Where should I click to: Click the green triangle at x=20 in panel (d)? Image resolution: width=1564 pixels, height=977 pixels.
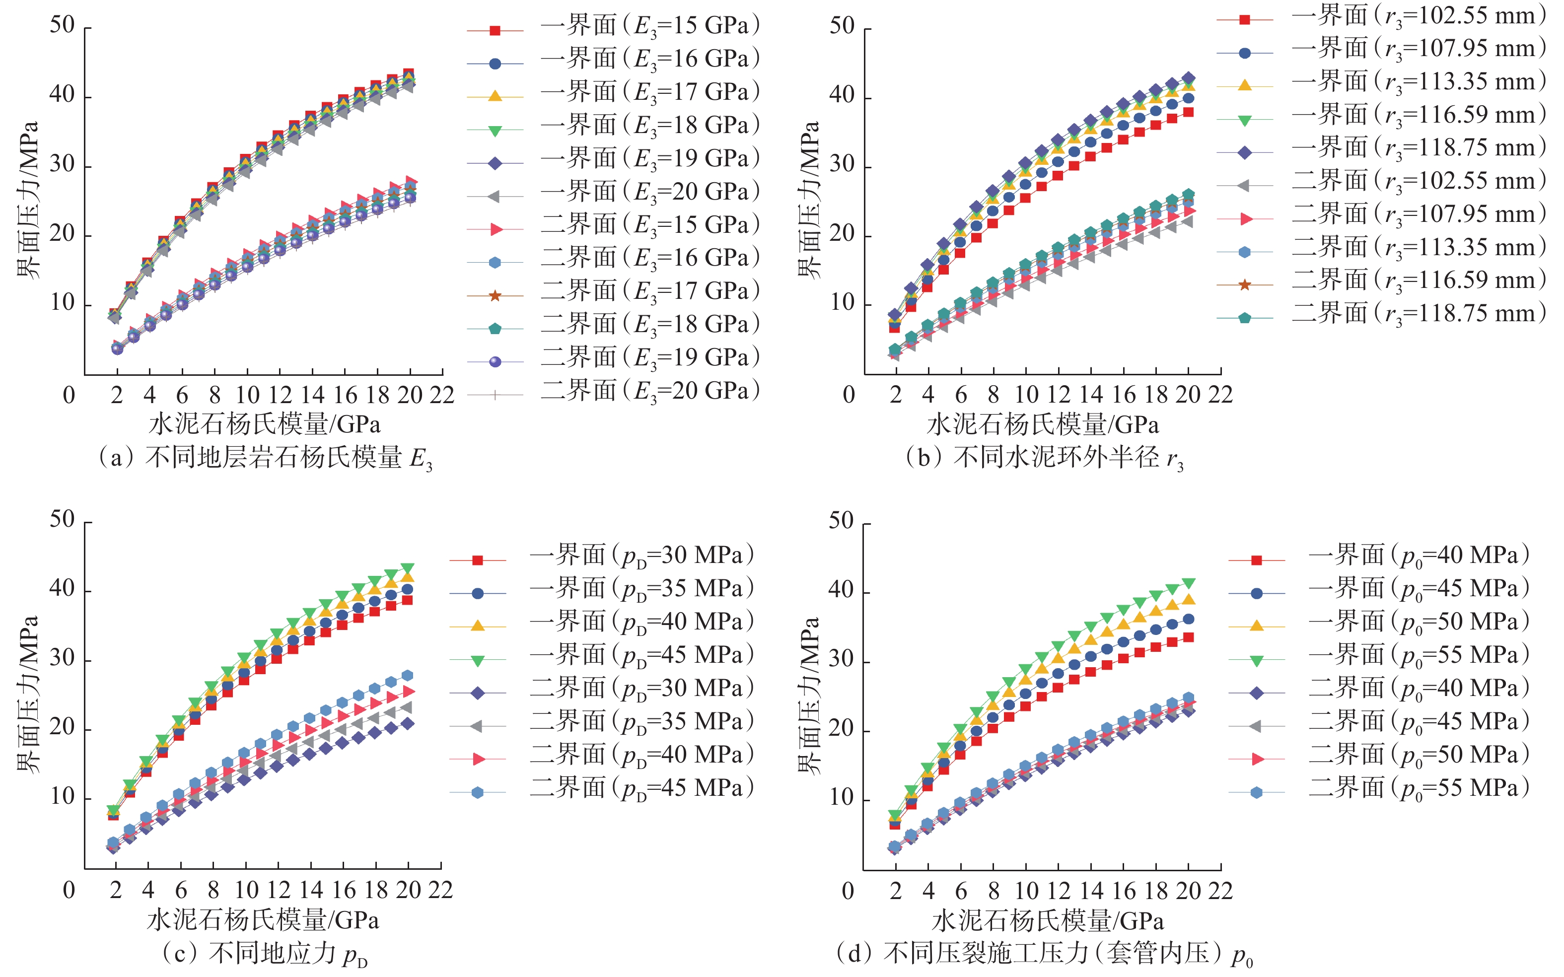pyautogui.click(x=1188, y=583)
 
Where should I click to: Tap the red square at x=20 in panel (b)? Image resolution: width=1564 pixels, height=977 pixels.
pyautogui.click(x=1188, y=112)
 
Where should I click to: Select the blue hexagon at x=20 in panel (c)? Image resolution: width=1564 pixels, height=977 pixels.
pyautogui.click(x=408, y=676)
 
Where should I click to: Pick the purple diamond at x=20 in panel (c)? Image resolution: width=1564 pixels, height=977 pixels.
pyautogui.click(x=408, y=724)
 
